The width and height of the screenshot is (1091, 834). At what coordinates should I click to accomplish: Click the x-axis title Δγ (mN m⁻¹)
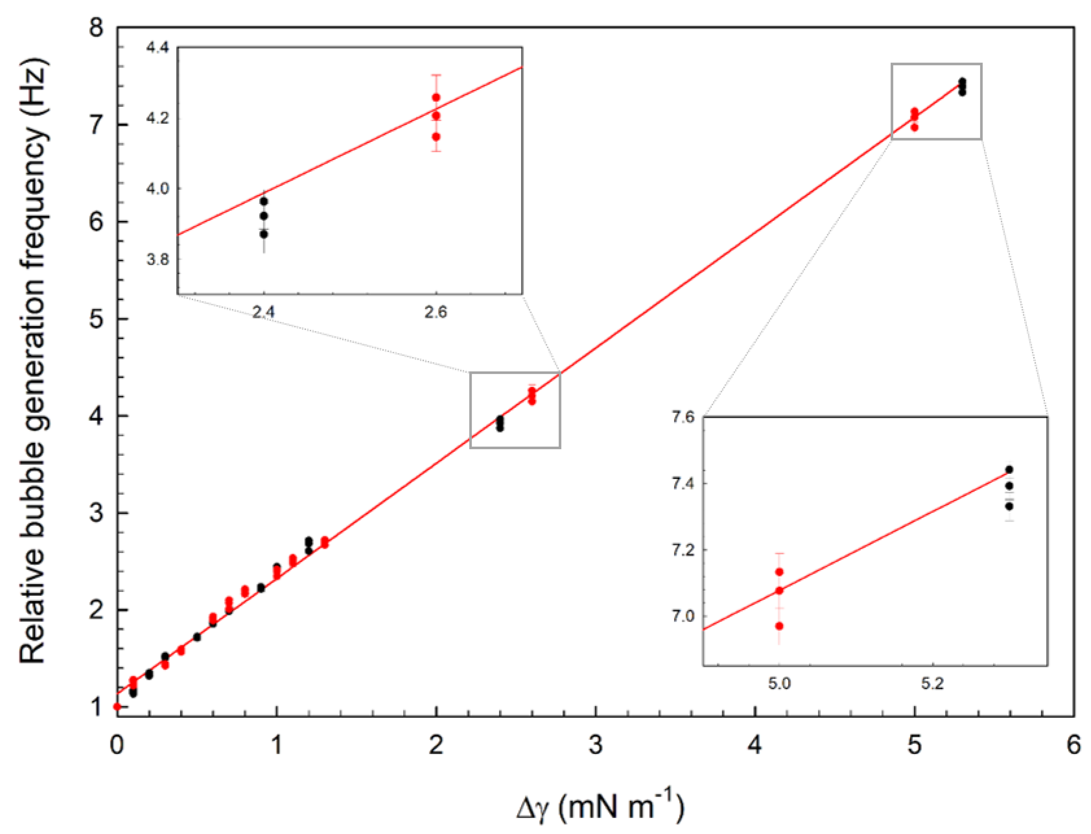600,807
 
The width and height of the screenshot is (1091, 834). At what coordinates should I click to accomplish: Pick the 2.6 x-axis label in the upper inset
436,312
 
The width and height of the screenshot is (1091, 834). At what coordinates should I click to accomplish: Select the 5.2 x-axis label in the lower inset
932,684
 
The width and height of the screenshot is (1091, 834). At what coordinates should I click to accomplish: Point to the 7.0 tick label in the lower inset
683,616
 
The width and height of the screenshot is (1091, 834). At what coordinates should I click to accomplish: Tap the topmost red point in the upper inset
436,97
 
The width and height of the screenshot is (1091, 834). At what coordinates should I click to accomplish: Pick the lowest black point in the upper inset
264,234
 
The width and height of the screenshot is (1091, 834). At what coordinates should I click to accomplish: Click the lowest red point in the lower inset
779,626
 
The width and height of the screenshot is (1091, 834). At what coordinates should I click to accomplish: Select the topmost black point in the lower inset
1009,470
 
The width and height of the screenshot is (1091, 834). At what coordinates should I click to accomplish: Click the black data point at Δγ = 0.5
197,637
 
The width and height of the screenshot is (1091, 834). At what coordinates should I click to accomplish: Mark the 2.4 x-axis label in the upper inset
263,312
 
